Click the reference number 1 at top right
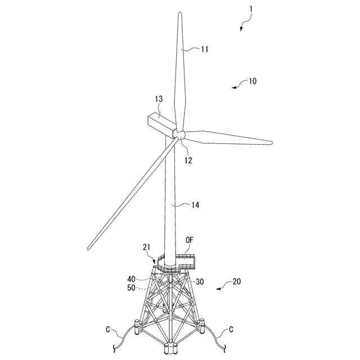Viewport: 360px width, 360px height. tap(251, 9)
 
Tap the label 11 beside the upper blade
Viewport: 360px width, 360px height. tap(205, 49)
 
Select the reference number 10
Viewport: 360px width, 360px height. tap(253, 81)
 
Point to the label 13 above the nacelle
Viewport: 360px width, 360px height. tap(159, 99)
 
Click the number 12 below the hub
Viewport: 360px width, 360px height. tap(188, 160)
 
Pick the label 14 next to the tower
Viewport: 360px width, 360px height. tap(195, 205)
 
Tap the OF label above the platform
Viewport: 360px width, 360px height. tap(190, 240)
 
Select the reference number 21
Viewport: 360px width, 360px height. tap(146, 247)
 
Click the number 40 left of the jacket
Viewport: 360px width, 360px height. tap(131, 279)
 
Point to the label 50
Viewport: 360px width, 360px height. tap(131, 287)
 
